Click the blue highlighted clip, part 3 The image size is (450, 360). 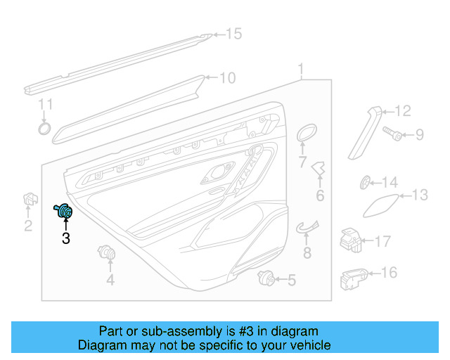click(x=65, y=211)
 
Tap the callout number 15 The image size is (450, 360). click(x=233, y=34)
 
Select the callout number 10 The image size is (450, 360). click(x=227, y=78)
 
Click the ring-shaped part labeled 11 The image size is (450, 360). click(x=44, y=128)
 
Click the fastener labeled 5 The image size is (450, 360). click(x=266, y=277)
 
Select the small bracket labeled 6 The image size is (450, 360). click(x=320, y=169)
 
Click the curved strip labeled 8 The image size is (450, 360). click(x=306, y=226)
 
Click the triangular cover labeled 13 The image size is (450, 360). click(x=379, y=203)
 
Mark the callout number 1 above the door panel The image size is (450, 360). click(x=301, y=70)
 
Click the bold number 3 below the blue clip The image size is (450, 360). click(x=65, y=239)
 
